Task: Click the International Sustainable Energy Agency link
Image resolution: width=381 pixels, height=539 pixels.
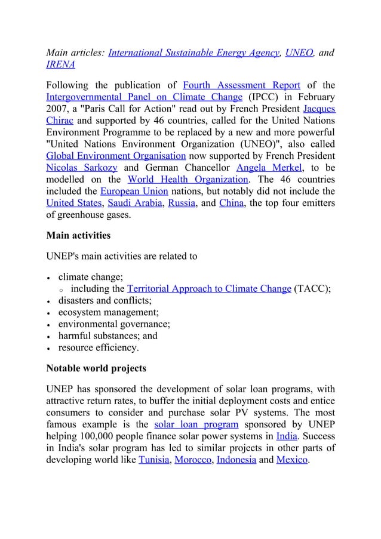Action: [x=194, y=53]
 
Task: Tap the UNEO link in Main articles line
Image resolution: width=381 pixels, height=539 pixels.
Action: [x=299, y=53]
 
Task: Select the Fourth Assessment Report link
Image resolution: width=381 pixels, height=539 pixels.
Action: [x=241, y=84]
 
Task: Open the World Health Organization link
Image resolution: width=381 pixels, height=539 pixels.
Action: [x=188, y=180]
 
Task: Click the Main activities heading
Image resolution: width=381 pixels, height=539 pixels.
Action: [x=78, y=236]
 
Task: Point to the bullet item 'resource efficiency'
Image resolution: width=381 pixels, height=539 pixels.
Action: [x=98, y=348]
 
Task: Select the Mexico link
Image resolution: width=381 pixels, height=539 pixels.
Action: [x=292, y=460]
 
